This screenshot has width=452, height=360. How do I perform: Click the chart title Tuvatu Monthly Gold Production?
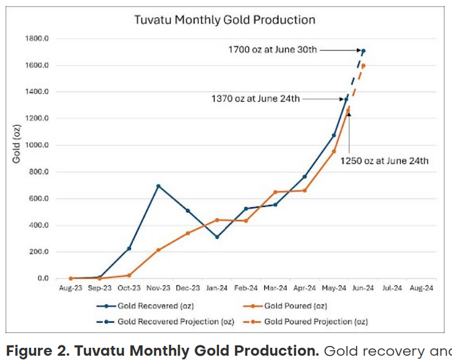click(x=224, y=20)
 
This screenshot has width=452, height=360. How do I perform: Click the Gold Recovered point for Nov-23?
click(x=158, y=186)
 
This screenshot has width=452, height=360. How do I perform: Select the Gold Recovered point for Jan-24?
click(x=217, y=237)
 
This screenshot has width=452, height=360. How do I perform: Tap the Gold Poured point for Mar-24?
click(x=275, y=192)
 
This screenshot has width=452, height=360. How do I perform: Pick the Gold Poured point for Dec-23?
click(x=188, y=233)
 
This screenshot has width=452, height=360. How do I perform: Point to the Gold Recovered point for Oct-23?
click(x=129, y=248)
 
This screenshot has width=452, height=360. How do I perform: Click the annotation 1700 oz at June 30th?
click(x=272, y=50)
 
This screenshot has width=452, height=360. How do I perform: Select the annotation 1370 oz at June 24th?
click(x=256, y=98)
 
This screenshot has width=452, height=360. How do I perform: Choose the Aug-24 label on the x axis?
click(x=421, y=287)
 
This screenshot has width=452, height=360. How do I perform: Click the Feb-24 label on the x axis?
click(x=246, y=287)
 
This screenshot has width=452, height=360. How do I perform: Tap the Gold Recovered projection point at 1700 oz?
click(x=363, y=51)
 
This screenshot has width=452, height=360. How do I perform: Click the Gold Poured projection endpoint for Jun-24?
click(x=363, y=65)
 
